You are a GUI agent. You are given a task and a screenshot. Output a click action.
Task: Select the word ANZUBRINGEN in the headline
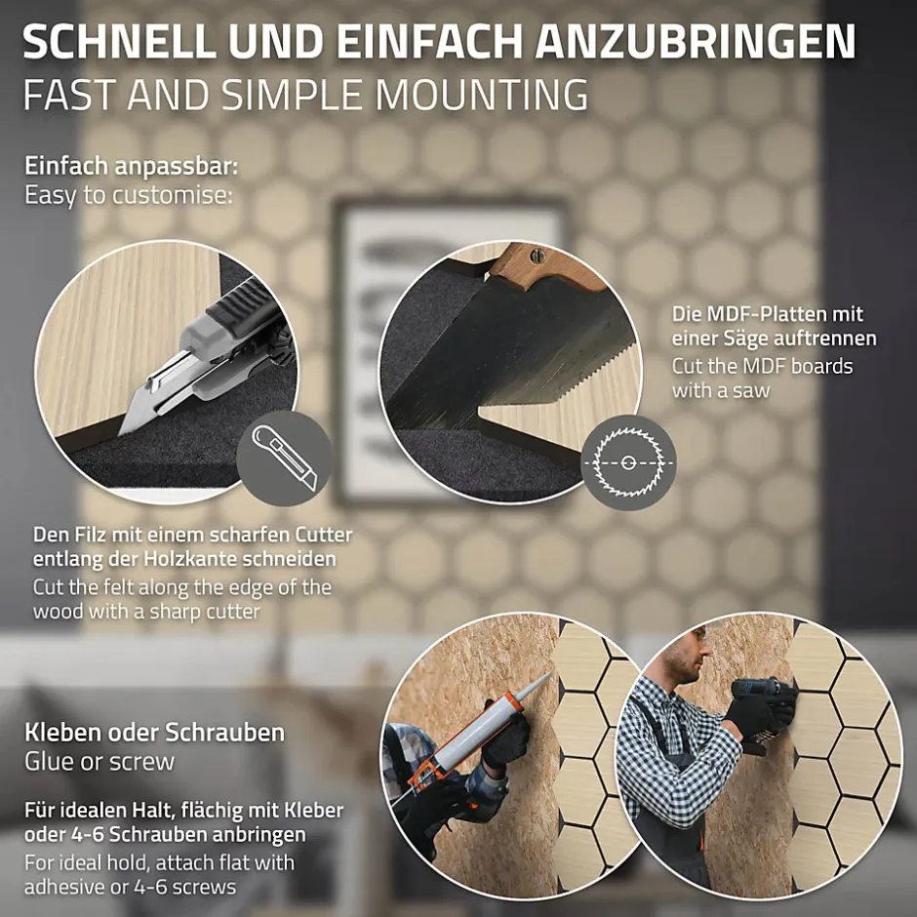click(x=696, y=41)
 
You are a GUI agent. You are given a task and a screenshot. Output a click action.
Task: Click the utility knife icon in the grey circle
click(x=285, y=458)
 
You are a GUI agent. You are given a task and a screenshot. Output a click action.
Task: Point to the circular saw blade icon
click(x=628, y=462)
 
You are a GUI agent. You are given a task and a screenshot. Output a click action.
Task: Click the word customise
click(x=172, y=195)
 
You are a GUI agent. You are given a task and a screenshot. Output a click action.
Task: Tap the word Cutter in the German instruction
click(x=324, y=535)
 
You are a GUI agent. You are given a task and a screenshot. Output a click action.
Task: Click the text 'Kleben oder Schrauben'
click(x=154, y=733)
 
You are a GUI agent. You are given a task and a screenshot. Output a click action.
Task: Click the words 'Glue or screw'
click(x=100, y=762)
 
